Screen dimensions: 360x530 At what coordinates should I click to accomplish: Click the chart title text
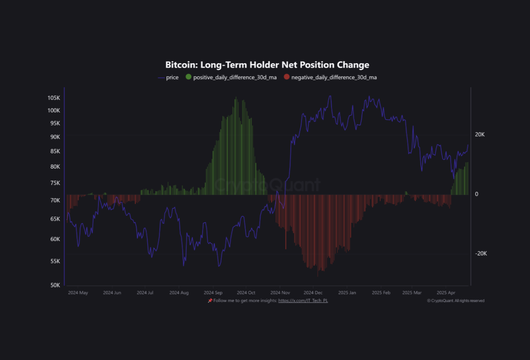pos(267,65)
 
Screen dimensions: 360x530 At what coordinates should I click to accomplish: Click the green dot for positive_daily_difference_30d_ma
pos(188,77)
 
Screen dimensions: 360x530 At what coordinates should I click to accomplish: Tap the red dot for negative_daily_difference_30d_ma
pos(287,77)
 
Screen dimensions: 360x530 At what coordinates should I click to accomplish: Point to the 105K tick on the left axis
pos(54,98)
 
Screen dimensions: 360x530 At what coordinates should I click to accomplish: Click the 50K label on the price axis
pos(55,285)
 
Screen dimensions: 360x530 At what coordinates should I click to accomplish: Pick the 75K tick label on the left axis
pos(55,183)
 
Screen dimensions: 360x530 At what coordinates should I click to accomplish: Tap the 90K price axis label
pos(55,137)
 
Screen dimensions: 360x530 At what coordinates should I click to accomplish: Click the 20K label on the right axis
pos(480,135)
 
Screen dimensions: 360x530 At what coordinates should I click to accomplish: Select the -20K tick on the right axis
pos(481,254)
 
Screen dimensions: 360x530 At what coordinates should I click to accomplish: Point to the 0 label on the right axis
pos(477,194)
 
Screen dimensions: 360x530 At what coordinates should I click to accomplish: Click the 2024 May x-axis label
pos(78,293)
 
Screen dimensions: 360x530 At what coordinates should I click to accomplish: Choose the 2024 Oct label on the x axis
pos(246,293)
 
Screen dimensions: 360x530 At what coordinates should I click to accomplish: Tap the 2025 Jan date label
pos(347,293)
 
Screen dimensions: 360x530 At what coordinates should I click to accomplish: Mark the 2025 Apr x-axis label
pos(446,293)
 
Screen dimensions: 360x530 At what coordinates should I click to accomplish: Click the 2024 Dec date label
pos(313,293)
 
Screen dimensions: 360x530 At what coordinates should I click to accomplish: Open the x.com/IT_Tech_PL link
pos(303,301)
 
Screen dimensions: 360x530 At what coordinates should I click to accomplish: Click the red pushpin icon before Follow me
pos(210,301)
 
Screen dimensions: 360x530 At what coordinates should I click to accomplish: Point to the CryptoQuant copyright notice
pos(456,301)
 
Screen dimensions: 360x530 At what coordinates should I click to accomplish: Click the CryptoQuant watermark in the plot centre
pos(267,185)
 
